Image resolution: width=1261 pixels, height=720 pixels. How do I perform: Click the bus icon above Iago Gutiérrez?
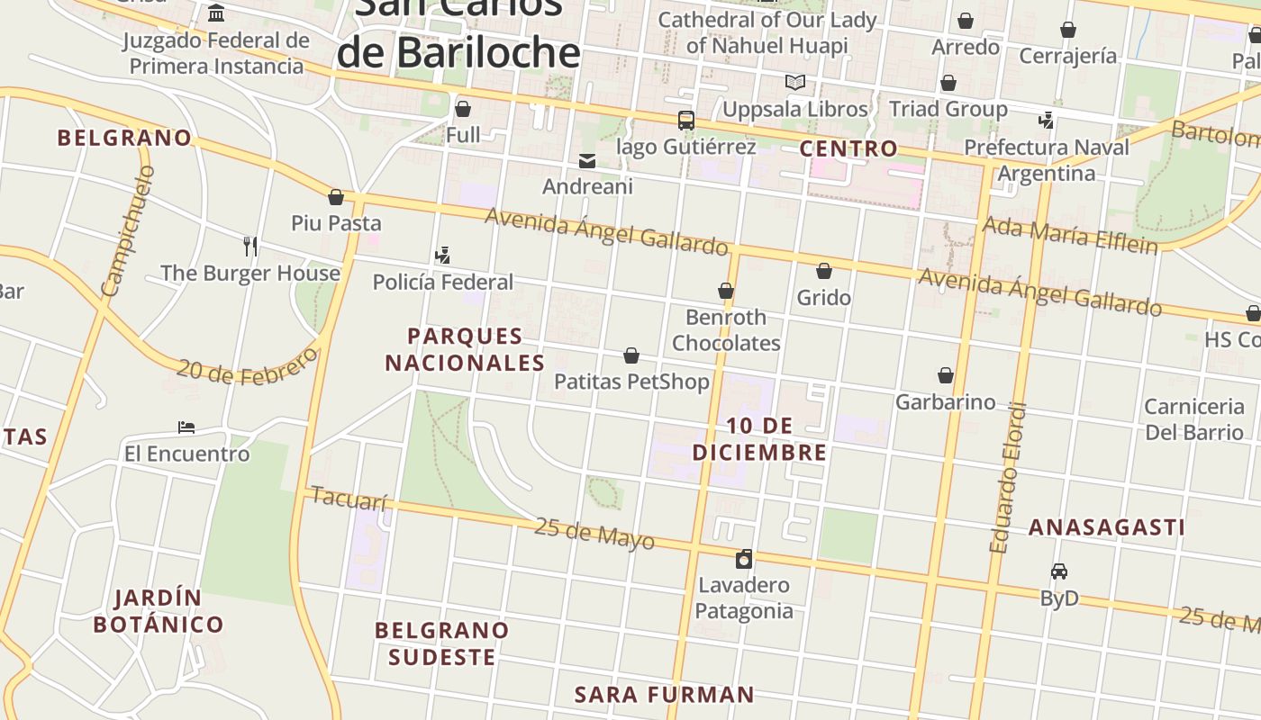tap(685, 121)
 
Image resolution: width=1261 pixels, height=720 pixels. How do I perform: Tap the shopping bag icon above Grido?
tap(823, 271)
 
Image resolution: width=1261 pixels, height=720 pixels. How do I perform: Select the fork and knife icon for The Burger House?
tap(250, 246)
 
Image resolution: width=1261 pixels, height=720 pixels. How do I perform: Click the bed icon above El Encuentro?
tap(186, 427)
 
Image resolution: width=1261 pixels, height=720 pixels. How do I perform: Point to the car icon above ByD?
tap(1059, 571)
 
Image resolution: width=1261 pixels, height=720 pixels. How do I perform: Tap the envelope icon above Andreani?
tap(587, 161)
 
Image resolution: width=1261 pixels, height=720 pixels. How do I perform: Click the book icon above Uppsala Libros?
tap(794, 83)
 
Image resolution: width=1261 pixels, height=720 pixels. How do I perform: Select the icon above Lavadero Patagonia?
tap(744, 559)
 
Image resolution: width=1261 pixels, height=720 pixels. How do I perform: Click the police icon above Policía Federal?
tap(442, 256)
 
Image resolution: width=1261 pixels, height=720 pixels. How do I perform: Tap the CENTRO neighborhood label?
tap(848, 148)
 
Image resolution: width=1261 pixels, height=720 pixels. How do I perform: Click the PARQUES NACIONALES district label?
tap(465, 349)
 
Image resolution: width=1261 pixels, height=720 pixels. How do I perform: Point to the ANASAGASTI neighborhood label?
tap(1106, 527)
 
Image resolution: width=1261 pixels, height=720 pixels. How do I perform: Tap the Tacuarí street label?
tap(349, 499)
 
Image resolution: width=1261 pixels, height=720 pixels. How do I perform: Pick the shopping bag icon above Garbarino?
tap(945, 375)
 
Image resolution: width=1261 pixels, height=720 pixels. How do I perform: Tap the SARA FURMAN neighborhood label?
tap(664, 695)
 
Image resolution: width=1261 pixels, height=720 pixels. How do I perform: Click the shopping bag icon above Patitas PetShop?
tap(631, 356)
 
